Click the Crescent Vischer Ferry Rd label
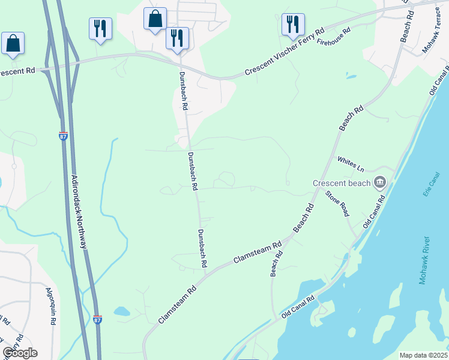tap(285, 53)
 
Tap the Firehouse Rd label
tap(333, 37)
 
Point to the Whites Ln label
tap(351, 162)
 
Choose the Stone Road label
tap(337, 203)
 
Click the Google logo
tap(20, 353)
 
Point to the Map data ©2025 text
tap(424, 355)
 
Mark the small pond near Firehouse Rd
tap(351, 77)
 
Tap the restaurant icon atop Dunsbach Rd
tap(177, 38)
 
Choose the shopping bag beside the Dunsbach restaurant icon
tap(155, 19)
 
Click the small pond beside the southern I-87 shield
tap(121, 311)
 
